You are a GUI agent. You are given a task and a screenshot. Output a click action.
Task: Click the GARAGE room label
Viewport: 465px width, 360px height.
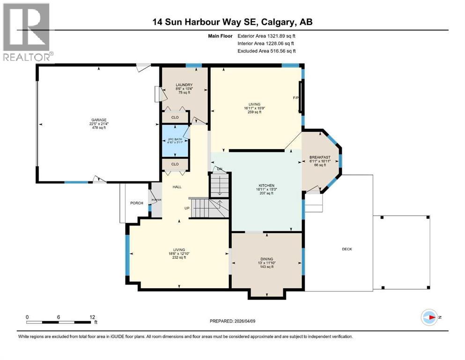point(98,120)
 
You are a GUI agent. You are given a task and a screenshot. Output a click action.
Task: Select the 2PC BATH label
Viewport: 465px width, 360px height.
point(174,140)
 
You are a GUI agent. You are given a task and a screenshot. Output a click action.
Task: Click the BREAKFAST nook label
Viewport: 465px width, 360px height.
point(320,157)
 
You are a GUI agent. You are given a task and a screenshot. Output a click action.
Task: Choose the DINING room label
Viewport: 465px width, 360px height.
point(266,259)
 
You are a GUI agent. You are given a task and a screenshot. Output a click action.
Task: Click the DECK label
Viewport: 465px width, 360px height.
point(347,249)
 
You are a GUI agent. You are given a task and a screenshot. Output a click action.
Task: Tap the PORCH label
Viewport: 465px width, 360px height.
point(136,203)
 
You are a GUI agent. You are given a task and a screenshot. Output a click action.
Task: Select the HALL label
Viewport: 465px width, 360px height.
point(177,187)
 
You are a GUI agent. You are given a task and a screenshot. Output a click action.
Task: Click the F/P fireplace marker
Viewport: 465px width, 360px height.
point(295,98)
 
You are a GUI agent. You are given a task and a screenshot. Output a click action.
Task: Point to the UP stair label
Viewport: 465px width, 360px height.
point(186,209)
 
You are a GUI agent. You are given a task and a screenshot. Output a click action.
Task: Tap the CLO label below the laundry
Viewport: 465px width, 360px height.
point(175,117)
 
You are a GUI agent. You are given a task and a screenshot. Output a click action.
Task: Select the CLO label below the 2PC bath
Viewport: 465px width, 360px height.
point(175,164)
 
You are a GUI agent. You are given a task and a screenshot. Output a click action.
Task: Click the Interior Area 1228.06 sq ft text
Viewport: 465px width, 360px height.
point(266,43)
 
